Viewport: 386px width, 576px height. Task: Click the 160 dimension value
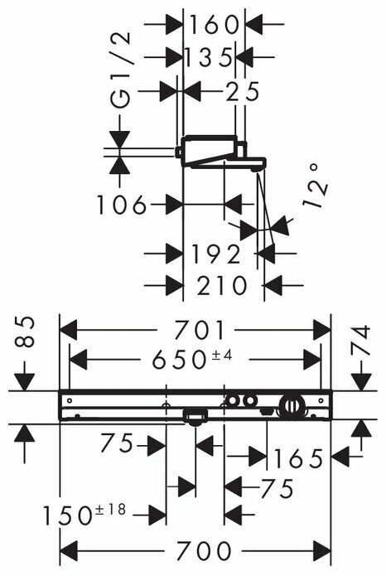coord(214,25)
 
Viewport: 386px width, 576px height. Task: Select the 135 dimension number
coord(209,58)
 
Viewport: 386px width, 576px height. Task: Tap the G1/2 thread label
coord(120,70)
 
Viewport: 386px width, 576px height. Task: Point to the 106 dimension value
coord(122,205)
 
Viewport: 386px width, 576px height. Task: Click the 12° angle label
coord(315,186)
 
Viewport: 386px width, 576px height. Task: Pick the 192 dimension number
coord(216,254)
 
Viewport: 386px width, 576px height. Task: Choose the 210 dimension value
coord(222,285)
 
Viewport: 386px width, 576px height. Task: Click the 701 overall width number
coord(199,330)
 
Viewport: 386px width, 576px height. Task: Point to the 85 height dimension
coord(25,332)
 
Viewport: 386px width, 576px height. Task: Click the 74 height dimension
coord(360,341)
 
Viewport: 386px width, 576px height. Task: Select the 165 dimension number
coord(298,458)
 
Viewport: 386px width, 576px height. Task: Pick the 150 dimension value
coord(67,515)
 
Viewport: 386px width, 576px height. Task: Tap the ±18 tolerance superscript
coord(110,510)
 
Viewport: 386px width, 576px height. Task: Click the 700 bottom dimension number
coord(205,551)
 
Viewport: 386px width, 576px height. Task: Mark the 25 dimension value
coord(243,91)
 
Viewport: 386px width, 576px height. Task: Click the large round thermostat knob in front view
coord(292,406)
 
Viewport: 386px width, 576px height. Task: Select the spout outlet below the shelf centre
coord(195,418)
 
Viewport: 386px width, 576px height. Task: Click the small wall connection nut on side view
coord(178,152)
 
